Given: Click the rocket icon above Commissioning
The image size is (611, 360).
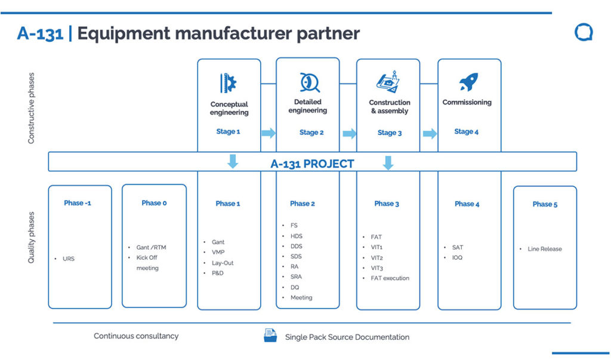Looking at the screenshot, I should coord(469,82).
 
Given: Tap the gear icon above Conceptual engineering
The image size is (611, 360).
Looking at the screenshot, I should coord(229,83).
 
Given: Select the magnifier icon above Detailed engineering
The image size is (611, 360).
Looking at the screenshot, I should coord(309,82).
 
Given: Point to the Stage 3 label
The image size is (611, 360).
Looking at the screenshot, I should coord(390,133).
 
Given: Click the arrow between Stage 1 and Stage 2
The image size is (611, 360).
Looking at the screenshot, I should coord(269,133).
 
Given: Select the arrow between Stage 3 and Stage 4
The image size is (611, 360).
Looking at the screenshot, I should coord(430,133).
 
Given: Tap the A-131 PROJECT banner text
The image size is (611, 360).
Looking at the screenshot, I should coord(312,164).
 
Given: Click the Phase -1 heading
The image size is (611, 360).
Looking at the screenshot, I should coord(78,203).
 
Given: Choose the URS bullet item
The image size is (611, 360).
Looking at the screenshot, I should coord(69,259).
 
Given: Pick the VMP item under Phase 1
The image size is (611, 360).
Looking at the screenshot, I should coord(218,253).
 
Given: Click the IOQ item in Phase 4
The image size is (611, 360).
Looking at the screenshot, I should coord(457,257).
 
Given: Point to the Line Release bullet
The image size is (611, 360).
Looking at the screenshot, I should coord(544,249).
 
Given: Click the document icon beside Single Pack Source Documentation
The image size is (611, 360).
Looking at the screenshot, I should coord(270,336).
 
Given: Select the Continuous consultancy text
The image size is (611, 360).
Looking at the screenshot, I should coord(136,336).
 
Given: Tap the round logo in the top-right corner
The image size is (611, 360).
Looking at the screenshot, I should coord(583,32).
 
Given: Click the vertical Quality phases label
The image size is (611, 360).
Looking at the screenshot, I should coord(32,237).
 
